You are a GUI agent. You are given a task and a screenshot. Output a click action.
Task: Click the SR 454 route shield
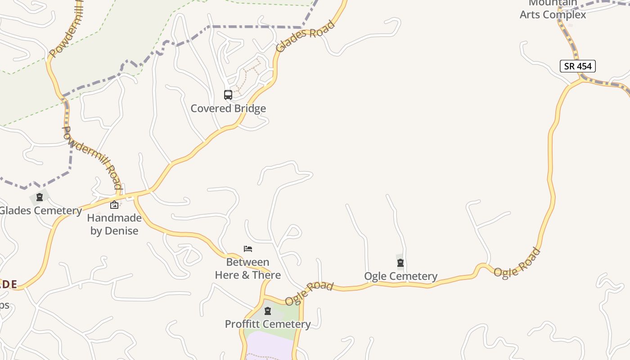coord(578,66)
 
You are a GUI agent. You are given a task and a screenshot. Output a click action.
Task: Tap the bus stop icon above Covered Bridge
coord(228,95)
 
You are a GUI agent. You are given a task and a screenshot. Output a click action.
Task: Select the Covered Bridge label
coord(228,108)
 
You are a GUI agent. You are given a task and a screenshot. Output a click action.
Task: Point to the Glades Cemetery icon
coord(40,197)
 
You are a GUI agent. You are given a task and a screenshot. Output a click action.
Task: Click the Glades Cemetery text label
coord(40,211)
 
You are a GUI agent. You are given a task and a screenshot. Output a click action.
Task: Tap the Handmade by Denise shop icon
coord(114,205)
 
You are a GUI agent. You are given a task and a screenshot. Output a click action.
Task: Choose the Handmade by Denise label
coord(114,224)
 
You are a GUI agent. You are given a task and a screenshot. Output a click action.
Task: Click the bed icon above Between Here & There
coord(247,248)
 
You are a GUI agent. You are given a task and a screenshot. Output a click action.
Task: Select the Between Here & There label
coord(248,269)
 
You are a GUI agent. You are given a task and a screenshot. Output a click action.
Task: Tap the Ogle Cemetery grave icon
coord(400,263)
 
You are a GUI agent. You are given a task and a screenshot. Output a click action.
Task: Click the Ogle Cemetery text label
coord(400,276)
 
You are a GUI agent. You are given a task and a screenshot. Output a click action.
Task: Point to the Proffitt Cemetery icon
coord(268,311)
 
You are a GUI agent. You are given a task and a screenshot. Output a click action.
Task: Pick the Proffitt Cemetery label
coord(268,324)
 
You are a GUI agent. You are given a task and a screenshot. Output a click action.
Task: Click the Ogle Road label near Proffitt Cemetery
coord(309,293)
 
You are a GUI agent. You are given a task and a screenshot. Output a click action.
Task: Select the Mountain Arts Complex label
coord(553,10)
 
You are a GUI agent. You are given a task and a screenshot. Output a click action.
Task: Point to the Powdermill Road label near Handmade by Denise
coord(92,157)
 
